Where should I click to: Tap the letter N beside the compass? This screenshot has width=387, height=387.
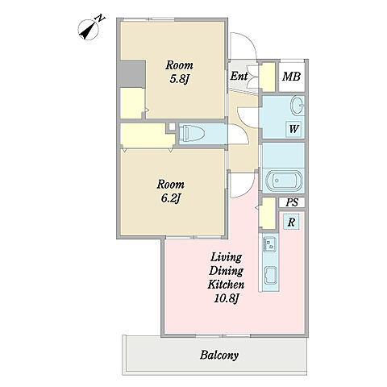101,19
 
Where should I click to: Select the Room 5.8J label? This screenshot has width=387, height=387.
179,72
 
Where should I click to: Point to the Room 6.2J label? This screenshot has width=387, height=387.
171,191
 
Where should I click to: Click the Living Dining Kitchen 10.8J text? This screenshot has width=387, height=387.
226,277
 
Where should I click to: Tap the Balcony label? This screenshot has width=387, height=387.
219,355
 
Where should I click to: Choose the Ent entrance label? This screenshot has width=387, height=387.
239,76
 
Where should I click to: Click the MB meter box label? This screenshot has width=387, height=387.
291,77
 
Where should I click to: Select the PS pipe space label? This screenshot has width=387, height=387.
292,202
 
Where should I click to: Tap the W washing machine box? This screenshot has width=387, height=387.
293,129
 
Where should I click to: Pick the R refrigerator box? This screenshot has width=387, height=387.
291,223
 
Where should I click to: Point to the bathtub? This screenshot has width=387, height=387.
284,181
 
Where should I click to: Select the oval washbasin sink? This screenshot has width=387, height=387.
298,105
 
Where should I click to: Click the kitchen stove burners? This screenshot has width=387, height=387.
270,244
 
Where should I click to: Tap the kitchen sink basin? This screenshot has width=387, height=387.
271,276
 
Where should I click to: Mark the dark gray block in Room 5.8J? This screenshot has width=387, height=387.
132,73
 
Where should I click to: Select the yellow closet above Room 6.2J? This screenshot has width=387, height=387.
147,135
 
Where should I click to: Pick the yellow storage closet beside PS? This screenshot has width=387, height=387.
268,214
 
